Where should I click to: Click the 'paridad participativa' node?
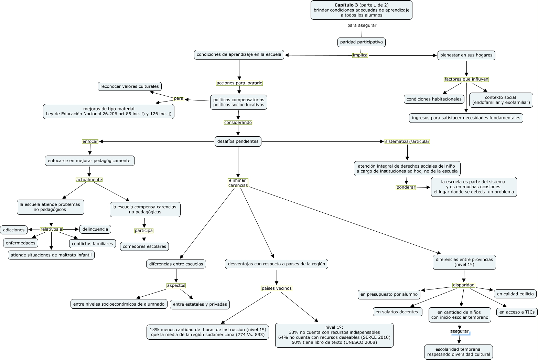pyautogui.click(x=361, y=42)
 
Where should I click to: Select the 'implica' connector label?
pyautogui.click(x=360, y=55)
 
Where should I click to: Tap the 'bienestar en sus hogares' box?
pyautogui.click(x=466, y=55)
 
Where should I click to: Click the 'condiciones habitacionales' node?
pyautogui.click(x=434, y=99)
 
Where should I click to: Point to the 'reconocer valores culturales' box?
pyautogui.click(x=130, y=86)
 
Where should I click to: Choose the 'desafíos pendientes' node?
pyautogui.click(x=238, y=141)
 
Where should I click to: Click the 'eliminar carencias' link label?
pyautogui.click(x=238, y=183)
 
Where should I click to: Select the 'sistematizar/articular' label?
pyautogui.click(x=407, y=141)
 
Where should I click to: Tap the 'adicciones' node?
pyautogui.click(x=14, y=230)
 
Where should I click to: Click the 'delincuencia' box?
pyautogui.click(x=95, y=229)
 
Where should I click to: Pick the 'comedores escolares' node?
pyautogui.click(x=144, y=246)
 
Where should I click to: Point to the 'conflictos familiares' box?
pyautogui.click(x=92, y=244)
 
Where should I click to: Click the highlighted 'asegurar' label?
pyautogui.click(x=459, y=332)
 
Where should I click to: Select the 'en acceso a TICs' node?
pyautogui.click(x=517, y=312)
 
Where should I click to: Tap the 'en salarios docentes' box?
pyautogui.click(x=397, y=312)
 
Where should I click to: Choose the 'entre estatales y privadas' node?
pyautogui.click(x=200, y=304)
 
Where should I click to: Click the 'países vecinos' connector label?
pyautogui.click(x=277, y=288)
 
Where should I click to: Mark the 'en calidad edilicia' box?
pyautogui.click(x=515, y=294)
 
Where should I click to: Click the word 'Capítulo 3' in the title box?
pyautogui.click(x=346, y=5)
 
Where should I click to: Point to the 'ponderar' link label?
pyautogui.click(x=406, y=188)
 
